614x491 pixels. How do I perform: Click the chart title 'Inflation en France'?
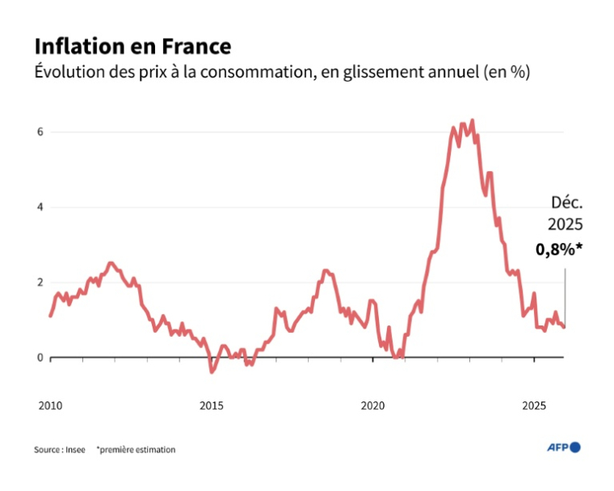coord(132,44)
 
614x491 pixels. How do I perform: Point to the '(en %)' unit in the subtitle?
coord(506,72)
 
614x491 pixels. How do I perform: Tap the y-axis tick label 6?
coord(40,132)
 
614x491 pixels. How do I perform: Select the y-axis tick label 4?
coord(40,207)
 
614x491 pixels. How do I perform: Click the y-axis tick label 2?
coord(40,282)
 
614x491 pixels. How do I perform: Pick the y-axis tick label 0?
coord(40,357)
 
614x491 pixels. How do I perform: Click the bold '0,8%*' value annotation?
coord(558,250)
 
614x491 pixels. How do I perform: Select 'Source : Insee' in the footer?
coord(58,449)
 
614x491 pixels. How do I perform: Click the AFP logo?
coord(564,447)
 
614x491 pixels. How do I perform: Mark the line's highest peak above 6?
coord(472,121)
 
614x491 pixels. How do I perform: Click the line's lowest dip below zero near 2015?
coord(212,371)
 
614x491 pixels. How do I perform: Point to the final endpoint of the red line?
coord(565,327)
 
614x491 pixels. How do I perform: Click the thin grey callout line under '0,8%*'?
coord(565,295)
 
